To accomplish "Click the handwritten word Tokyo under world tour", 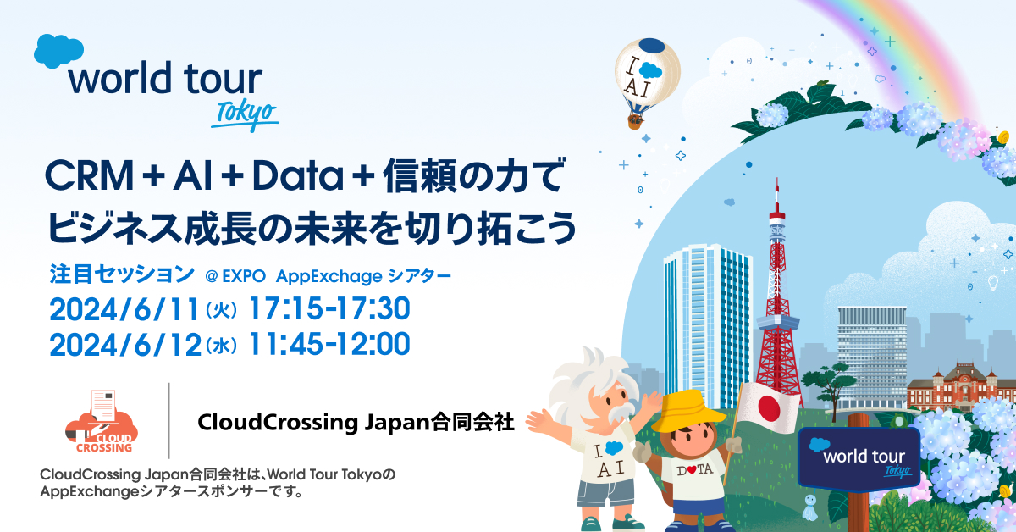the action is (246, 114).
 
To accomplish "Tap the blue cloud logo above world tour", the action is (58, 51).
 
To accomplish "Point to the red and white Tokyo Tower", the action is (777, 300).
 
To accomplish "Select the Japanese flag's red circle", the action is (769, 407).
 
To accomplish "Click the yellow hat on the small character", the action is (687, 411).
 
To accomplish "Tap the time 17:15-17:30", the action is (329, 308).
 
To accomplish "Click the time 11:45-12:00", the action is (329, 344).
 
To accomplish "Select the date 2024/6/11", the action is (124, 309).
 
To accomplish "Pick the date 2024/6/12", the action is (125, 345).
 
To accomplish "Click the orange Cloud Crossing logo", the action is (102, 422).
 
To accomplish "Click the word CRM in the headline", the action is (90, 175).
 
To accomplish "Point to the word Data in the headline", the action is (298, 175).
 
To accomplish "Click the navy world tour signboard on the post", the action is (859, 459).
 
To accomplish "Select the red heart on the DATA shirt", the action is (692, 470).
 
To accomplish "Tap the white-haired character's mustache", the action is (618, 412).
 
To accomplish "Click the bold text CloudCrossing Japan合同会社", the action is (356, 422).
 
